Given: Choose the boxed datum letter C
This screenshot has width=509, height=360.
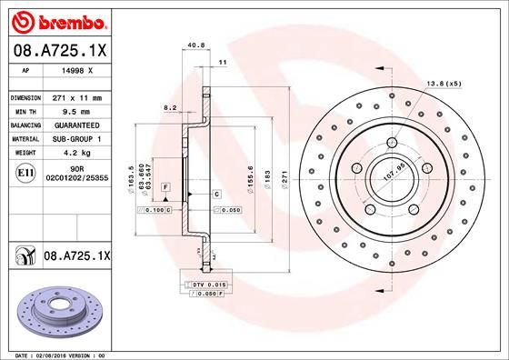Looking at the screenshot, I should pyautogui.click(x=218, y=195).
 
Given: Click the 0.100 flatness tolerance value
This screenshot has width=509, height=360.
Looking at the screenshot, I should pyautogui.click(x=155, y=210).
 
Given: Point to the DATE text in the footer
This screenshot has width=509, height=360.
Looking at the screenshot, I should pyautogui.click(x=20, y=355).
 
